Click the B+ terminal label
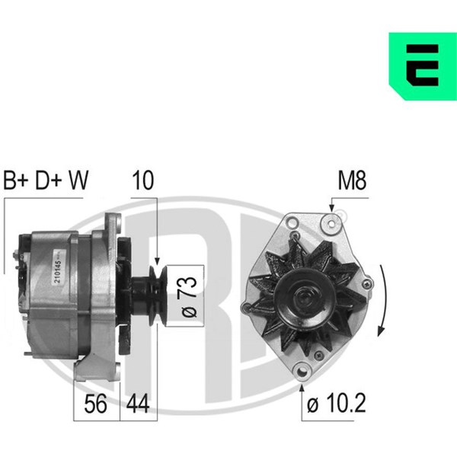[x=16, y=181]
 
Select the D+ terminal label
[x=49, y=181]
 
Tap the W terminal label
[x=78, y=181]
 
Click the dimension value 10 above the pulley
[x=143, y=181]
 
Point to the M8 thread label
[x=352, y=181]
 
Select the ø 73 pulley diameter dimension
[x=189, y=296]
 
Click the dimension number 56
[x=95, y=404]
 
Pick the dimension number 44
[x=138, y=404]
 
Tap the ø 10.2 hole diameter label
[x=337, y=404]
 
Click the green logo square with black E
[x=423, y=66]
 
